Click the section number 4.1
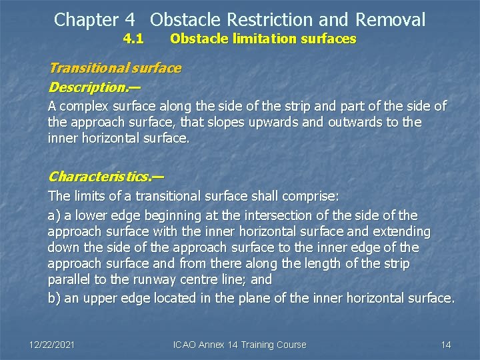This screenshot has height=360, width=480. click(x=133, y=39)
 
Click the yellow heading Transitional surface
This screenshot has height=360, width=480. click(x=115, y=68)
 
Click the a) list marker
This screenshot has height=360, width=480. click(x=53, y=215)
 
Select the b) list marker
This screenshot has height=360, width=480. click(x=54, y=298)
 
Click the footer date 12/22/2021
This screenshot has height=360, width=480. click(x=52, y=345)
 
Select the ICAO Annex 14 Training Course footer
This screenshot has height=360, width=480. click(x=240, y=345)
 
